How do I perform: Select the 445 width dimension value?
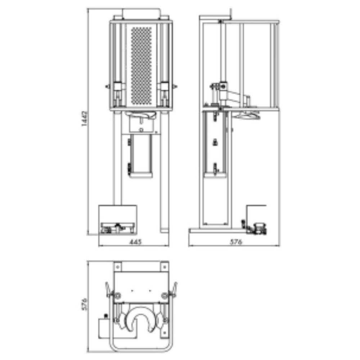pyautogui.click(x=134, y=242)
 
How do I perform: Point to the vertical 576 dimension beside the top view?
pyautogui.click(x=84, y=305)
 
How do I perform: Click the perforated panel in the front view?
pyautogui.click(x=141, y=65)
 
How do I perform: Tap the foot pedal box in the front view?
pyautogui.click(x=117, y=220)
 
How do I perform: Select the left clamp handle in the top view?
pyautogui.click(x=108, y=289)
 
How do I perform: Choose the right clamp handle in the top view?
pyautogui.click(x=174, y=289)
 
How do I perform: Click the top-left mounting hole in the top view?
pyautogui.click(x=117, y=267)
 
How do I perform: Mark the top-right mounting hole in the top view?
pyautogui.click(x=164, y=267)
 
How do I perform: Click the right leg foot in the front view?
pyautogui.click(x=165, y=230)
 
